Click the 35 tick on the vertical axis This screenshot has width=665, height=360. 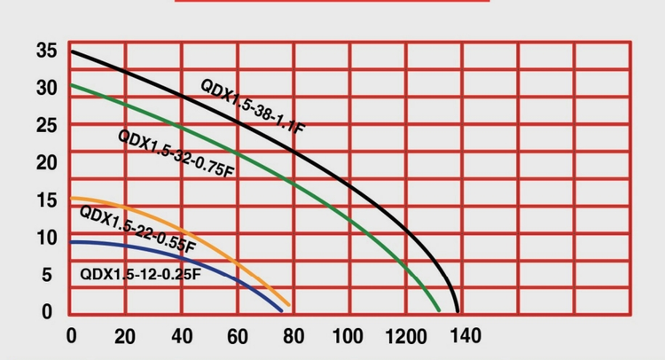(47, 51)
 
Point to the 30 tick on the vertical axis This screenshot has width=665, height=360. (47, 88)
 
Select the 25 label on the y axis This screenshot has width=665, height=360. (47, 125)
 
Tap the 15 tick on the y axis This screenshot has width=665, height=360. (47, 200)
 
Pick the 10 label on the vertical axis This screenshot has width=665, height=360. (47, 237)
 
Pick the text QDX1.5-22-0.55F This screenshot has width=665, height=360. (137, 228)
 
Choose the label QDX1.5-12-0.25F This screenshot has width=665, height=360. (140, 274)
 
